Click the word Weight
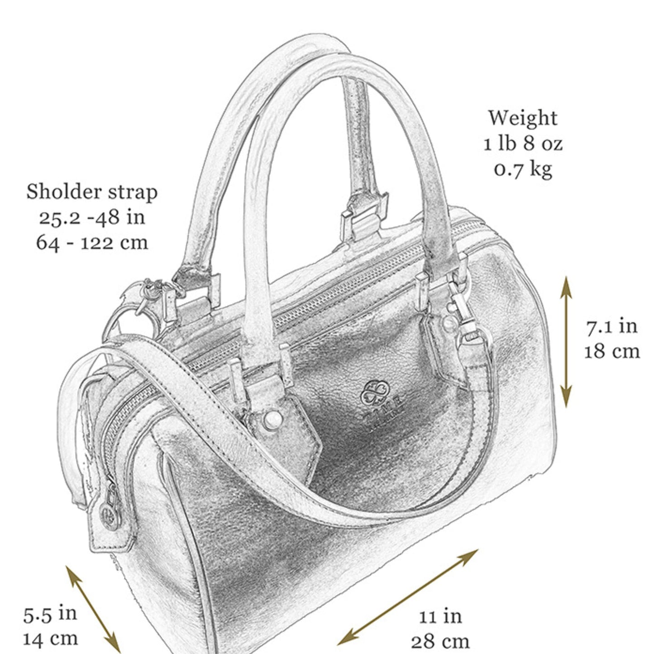click(523, 119)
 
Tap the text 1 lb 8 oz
click(523, 143)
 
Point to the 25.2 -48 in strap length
click(92, 217)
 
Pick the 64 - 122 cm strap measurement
click(92, 242)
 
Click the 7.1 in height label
click(611, 326)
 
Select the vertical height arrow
click(566, 342)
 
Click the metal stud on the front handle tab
click(272, 420)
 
